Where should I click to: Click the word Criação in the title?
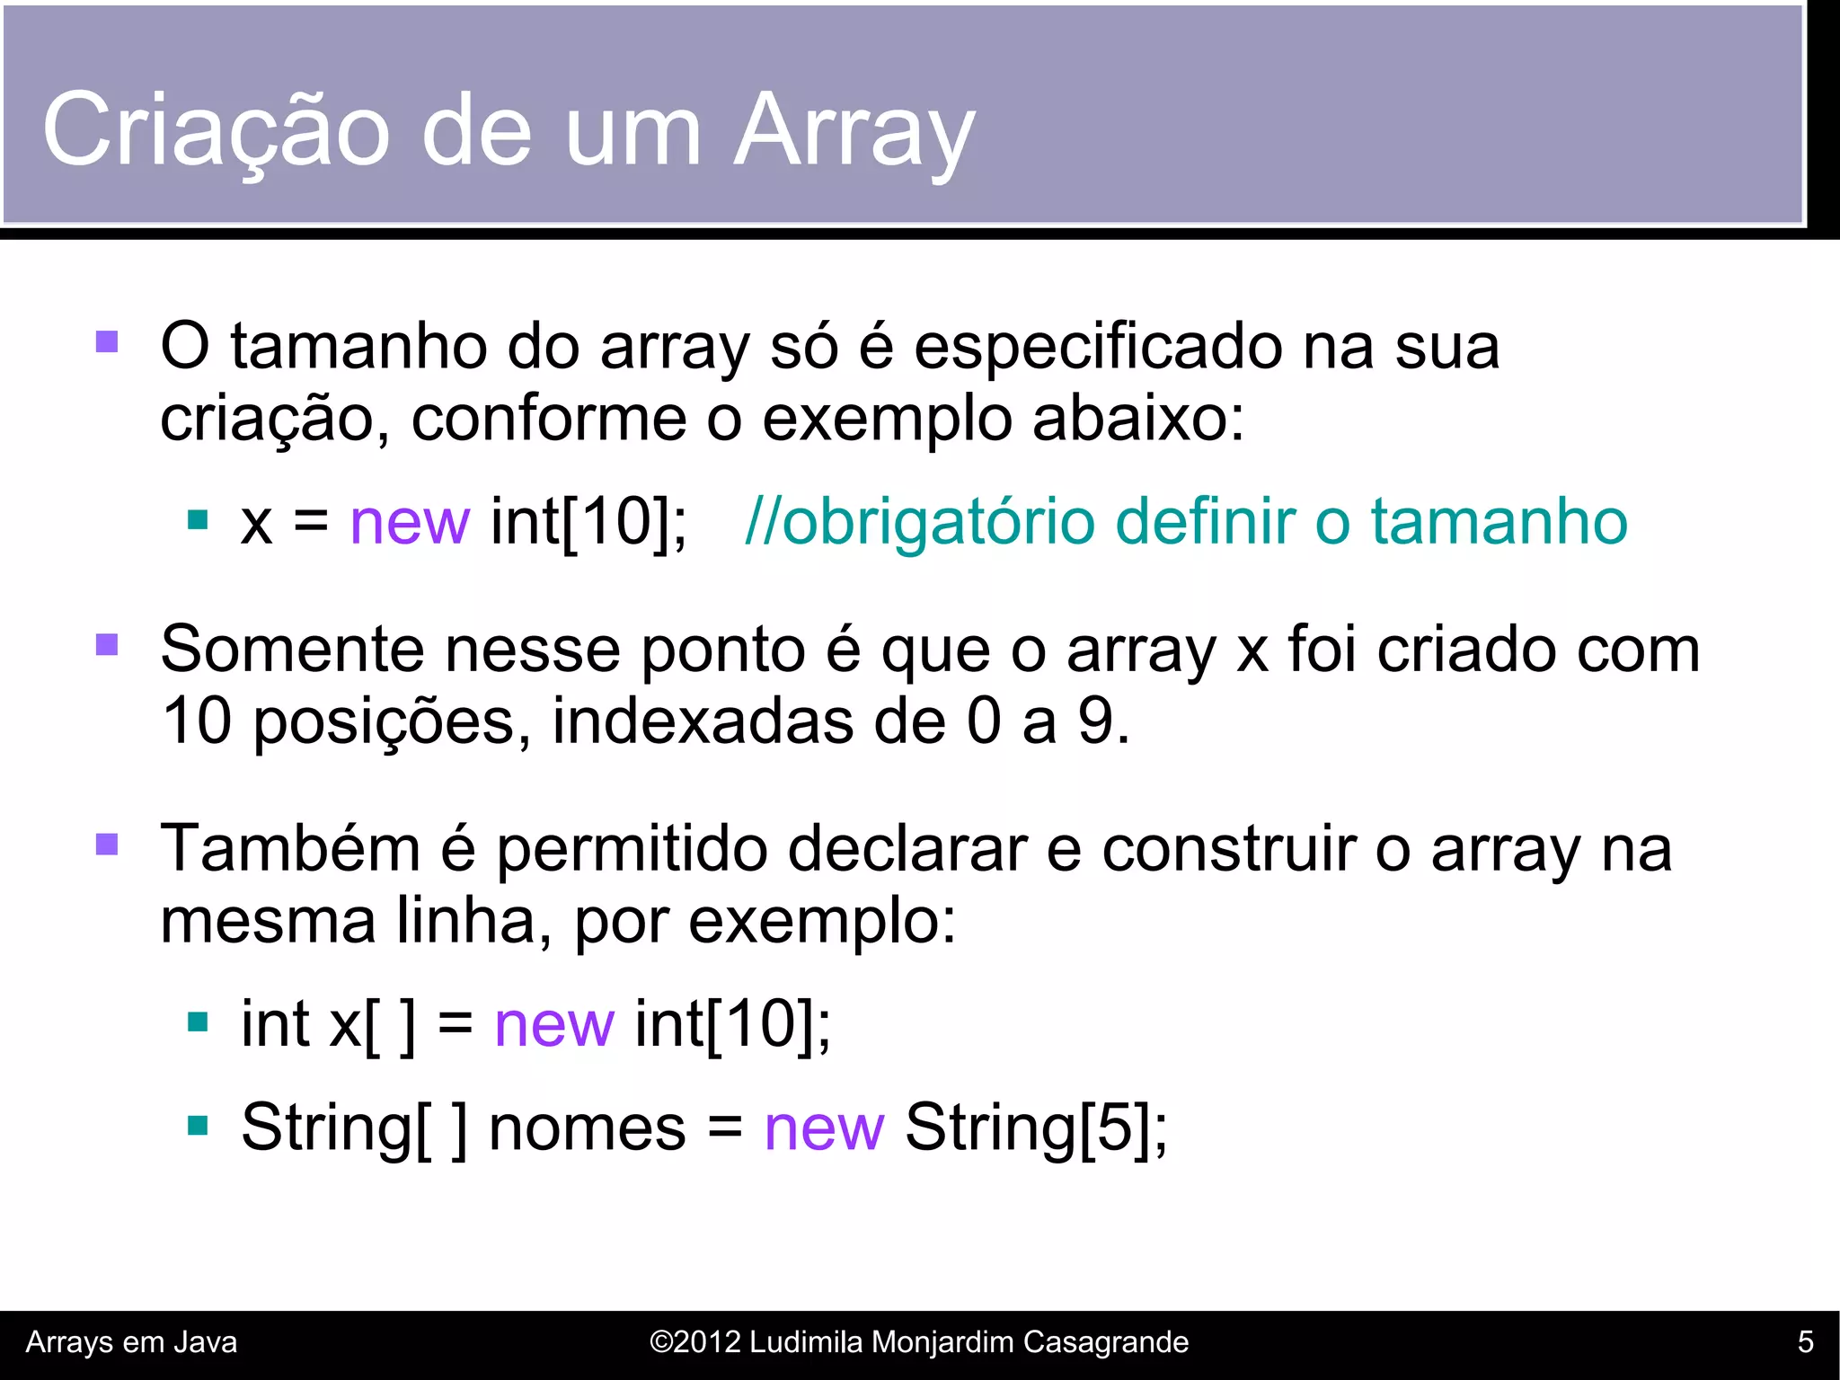coord(216,130)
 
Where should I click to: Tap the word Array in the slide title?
coord(854,130)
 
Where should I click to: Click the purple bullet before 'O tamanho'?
coord(107,342)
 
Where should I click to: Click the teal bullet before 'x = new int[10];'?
coord(198,520)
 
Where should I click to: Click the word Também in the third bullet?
coord(290,848)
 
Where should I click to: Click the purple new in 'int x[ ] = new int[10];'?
coord(554,1023)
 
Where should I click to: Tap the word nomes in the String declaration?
coord(588,1128)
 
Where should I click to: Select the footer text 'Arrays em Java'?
coord(132,1342)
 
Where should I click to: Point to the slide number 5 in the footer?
coord(1805,1342)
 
